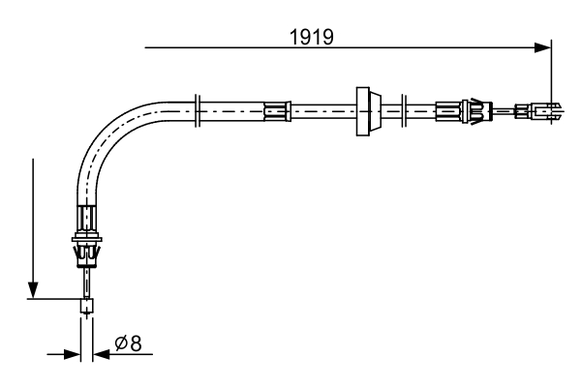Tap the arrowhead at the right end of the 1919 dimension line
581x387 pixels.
point(543,46)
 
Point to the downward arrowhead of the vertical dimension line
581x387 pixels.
point(34,290)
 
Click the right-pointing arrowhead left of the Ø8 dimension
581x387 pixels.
point(73,354)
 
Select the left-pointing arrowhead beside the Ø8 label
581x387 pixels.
point(102,354)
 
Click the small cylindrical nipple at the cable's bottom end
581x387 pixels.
point(87,308)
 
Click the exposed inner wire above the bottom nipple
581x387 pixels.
point(88,284)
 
